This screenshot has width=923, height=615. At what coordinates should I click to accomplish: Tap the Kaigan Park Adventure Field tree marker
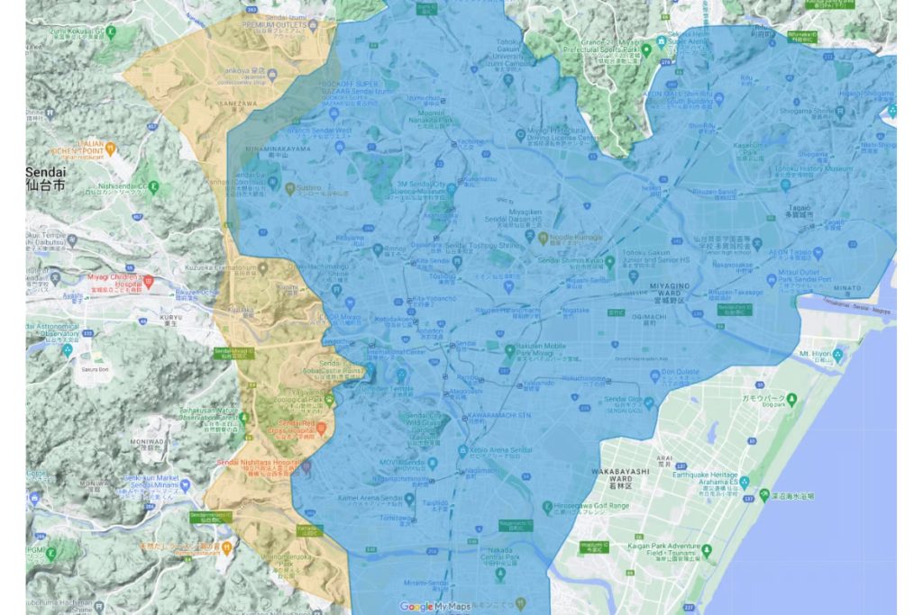coord(707,550)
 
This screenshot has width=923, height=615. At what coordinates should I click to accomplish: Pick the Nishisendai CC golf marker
coord(152,187)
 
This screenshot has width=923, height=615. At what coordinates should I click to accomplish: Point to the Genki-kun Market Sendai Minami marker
coord(184,484)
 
